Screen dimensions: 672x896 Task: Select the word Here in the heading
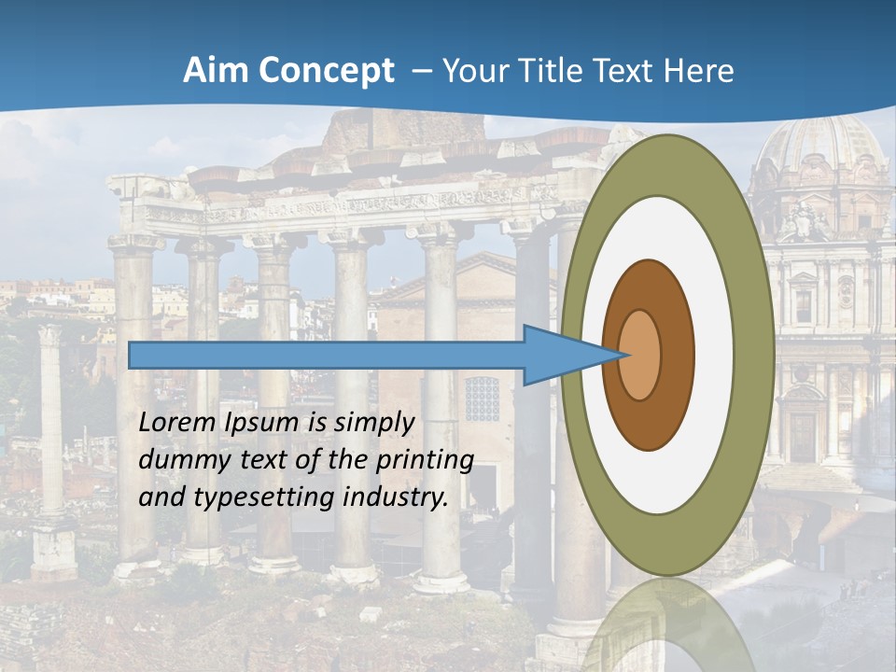click(x=699, y=71)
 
